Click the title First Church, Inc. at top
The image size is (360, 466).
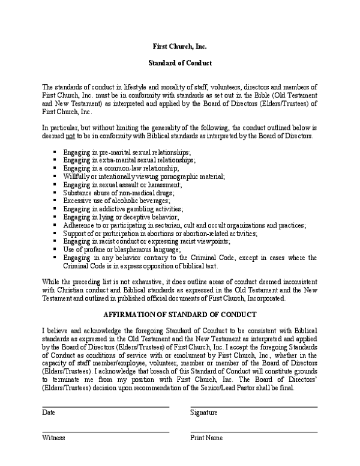point(180,46)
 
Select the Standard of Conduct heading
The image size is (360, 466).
point(180,62)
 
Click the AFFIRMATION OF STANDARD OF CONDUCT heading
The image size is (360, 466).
point(180,315)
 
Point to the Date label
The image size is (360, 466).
point(49,413)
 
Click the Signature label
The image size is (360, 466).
point(204,413)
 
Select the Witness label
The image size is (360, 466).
point(53,438)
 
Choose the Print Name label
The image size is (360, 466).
point(206,438)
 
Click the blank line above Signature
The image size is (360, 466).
point(254,407)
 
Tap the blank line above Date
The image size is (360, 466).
point(106,407)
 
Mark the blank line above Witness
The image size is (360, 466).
point(106,432)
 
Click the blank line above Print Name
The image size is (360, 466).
point(254,432)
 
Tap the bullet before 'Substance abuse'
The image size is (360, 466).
point(55,193)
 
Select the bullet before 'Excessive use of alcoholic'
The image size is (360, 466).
point(55,201)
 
